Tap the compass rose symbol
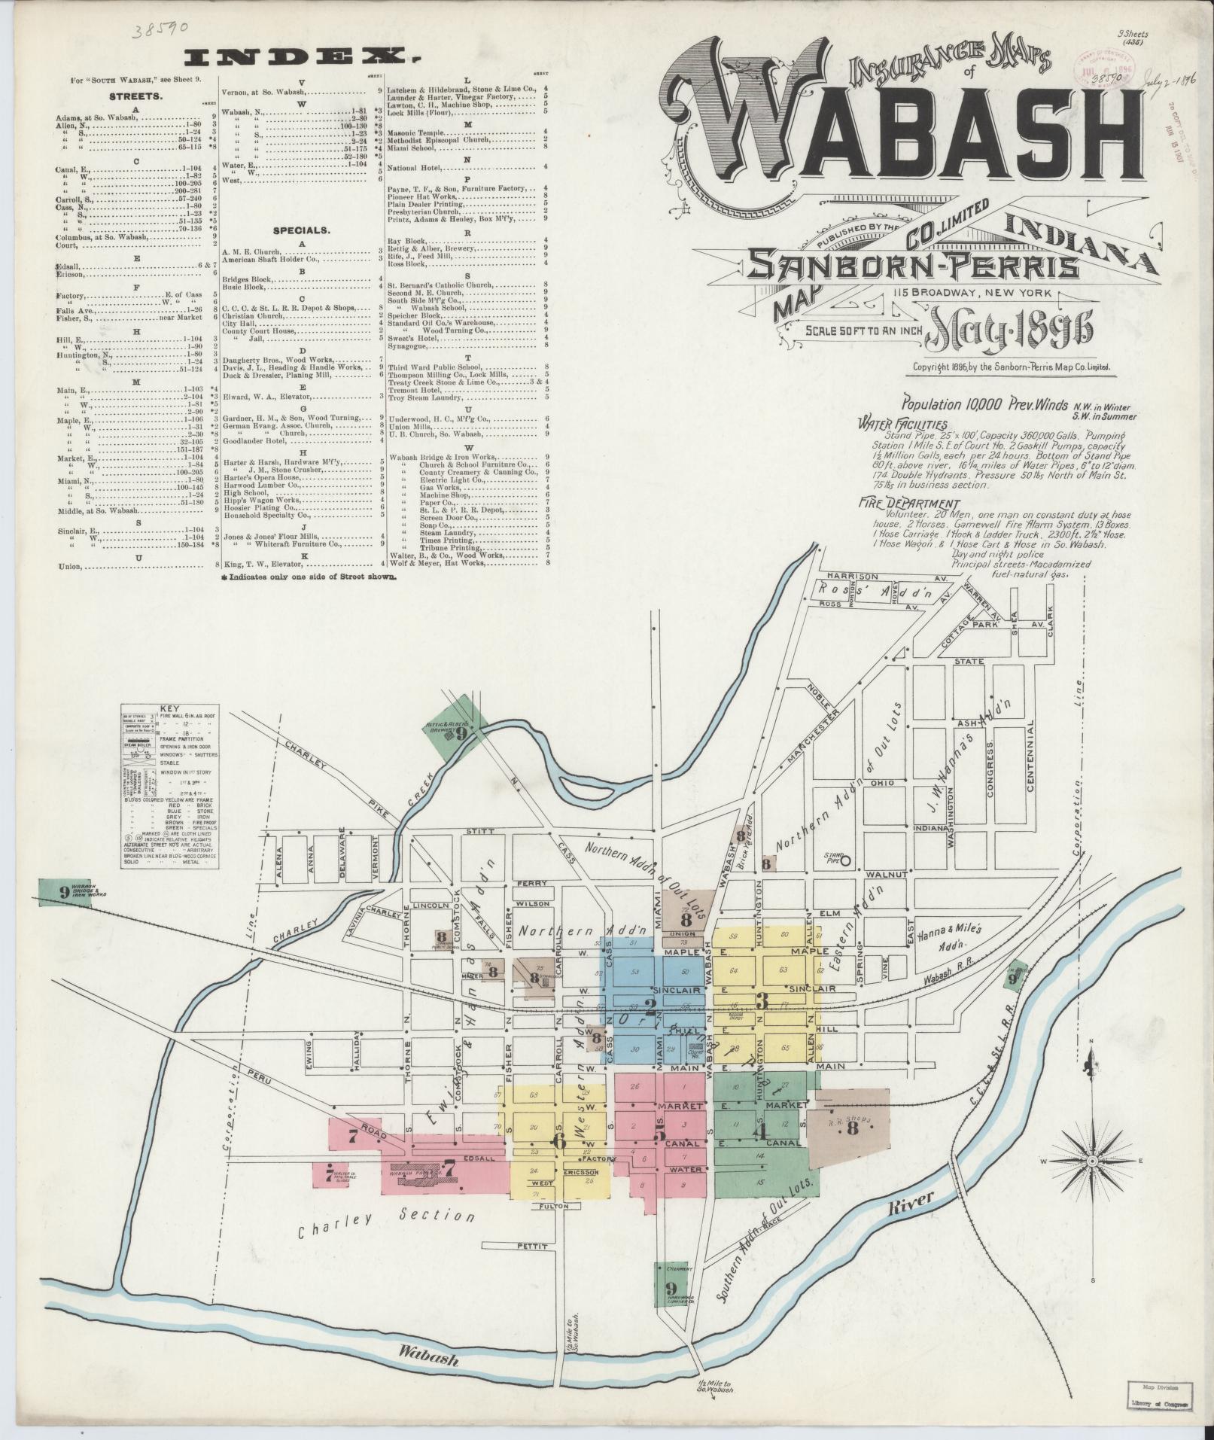click(x=1091, y=1183)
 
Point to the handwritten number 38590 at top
click(x=160, y=31)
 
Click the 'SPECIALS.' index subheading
click(x=302, y=230)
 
